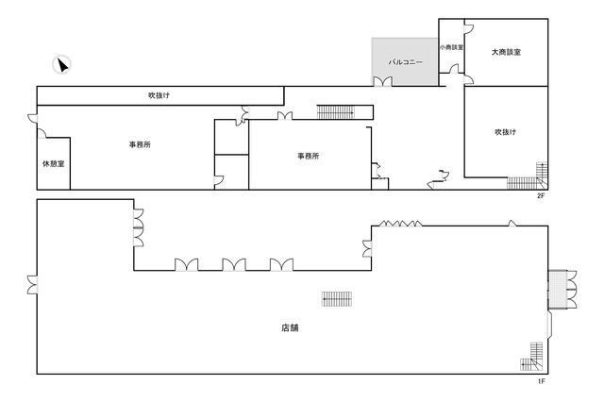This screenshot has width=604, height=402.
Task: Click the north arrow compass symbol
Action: [61, 64]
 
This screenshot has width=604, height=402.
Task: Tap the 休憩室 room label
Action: [54, 163]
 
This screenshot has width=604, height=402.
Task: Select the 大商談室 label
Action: [506, 52]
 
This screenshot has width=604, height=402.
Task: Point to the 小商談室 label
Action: [451, 47]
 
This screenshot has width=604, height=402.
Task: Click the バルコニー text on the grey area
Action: [405, 61]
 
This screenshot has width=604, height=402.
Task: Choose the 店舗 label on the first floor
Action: [290, 327]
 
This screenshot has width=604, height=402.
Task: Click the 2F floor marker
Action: [541, 195]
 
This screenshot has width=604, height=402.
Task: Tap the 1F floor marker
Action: [541, 381]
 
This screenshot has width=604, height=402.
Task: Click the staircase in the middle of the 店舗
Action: [337, 299]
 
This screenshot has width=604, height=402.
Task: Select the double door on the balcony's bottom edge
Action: [382, 81]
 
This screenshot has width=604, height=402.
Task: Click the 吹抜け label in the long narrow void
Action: [159, 95]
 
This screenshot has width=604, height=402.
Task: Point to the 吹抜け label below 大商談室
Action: [505, 132]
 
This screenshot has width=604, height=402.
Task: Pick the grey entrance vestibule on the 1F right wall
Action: [557, 289]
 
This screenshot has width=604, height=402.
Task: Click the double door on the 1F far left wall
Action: [33, 285]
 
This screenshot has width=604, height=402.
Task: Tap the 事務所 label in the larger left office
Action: [140, 144]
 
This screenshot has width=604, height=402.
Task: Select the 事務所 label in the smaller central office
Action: [309, 156]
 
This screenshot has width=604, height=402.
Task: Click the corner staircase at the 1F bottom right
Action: [531, 356]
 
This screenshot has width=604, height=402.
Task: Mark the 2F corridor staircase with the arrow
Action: [335, 112]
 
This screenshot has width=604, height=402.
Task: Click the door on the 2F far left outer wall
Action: [33, 118]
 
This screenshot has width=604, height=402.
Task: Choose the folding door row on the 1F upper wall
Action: [400, 224]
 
